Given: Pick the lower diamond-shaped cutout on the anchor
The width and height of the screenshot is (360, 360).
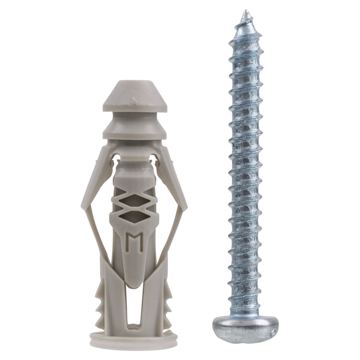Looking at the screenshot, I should click(134, 217).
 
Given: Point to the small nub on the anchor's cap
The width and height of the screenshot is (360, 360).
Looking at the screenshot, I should click(134, 102).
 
